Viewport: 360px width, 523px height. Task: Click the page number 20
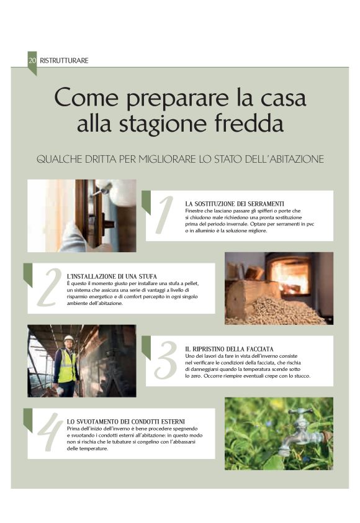pyautogui.click(x=32, y=60)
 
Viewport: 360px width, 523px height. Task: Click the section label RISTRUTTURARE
pyautogui.click(x=64, y=60)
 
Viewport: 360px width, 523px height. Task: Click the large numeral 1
pyautogui.click(x=164, y=215)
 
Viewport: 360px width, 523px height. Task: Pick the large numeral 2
pyautogui.click(x=50, y=288)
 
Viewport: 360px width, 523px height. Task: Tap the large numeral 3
pyautogui.click(x=165, y=360)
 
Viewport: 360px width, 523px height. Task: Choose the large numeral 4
pyautogui.click(x=50, y=432)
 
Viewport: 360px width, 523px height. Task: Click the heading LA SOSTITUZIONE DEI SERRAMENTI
pyautogui.click(x=235, y=204)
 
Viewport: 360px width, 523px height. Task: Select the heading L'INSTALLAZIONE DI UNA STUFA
pyautogui.click(x=112, y=276)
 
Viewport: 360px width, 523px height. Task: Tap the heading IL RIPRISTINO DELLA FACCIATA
pyautogui.click(x=229, y=349)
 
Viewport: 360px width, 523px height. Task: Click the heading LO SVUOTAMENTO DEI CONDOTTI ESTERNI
pyautogui.click(x=126, y=421)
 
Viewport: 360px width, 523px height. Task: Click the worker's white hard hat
pyautogui.click(x=68, y=339)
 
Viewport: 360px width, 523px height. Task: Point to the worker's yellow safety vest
pyautogui.click(x=66, y=366)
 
